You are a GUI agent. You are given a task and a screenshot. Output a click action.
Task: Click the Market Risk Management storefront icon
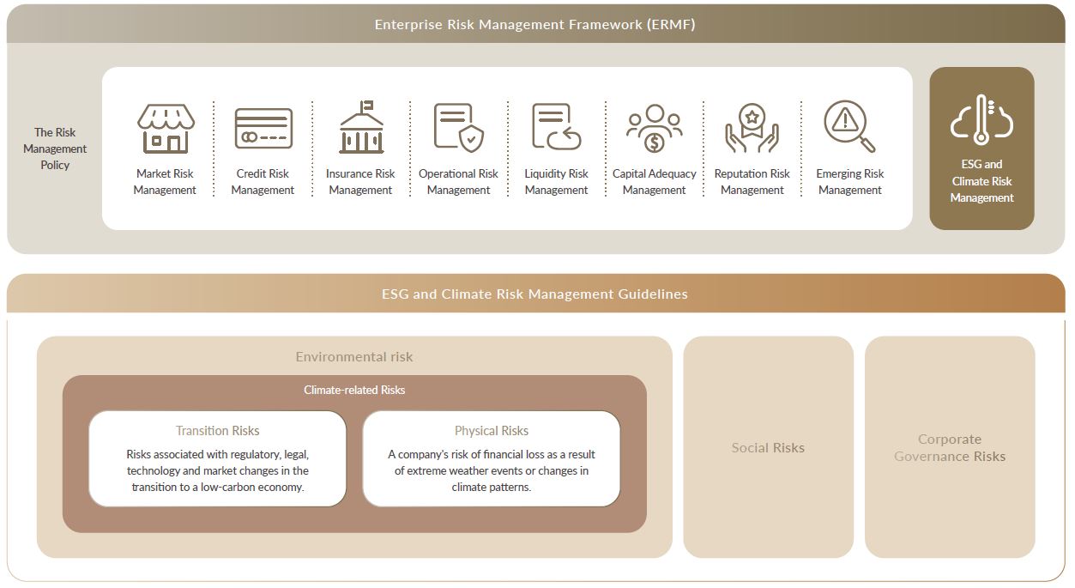pyautogui.click(x=166, y=128)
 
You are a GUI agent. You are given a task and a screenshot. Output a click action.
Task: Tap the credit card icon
pyautogui.click(x=263, y=128)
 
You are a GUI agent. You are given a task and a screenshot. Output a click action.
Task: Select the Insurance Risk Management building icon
pyautogui.click(x=361, y=127)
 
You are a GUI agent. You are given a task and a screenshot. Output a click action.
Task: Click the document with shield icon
pyautogui.click(x=459, y=127)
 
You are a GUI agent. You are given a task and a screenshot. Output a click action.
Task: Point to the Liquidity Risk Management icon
pyautogui.click(x=557, y=126)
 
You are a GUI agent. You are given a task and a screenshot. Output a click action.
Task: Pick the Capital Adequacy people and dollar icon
pyautogui.click(x=654, y=128)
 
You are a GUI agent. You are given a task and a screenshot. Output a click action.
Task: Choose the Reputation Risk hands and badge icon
pyautogui.click(x=752, y=128)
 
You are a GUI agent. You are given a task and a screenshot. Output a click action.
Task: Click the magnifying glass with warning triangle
pyautogui.click(x=849, y=126)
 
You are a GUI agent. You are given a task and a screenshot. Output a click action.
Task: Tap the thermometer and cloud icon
pyautogui.click(x=981, y=119)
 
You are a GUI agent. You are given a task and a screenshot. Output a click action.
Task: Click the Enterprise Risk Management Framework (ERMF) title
pyautogui.click(x=535, y=25)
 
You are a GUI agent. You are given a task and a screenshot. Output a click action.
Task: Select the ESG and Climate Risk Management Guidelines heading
pyautogui.click(x=534, y=294)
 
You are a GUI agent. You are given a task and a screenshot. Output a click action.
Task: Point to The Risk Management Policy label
pyautogui.click(x=55, y=149)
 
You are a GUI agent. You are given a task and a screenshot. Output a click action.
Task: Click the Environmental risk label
pyautogui.click(x=354, y=356)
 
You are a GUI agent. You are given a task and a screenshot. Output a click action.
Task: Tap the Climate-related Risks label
pyautogui.click(x=354, y=390)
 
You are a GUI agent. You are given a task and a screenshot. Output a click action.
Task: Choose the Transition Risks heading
pyautogui.click(x=217, y=431)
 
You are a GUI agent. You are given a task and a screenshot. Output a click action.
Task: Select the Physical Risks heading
pyautogui.click(x=492, y=431)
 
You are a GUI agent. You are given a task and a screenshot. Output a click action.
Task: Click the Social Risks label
pyautogui.click(x=768, y=447)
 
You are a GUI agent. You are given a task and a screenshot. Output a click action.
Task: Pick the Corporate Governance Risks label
pyautogui.click(x=949, y=447)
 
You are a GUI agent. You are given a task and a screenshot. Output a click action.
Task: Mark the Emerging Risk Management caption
pyautogui.click(x=850, y=181)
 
